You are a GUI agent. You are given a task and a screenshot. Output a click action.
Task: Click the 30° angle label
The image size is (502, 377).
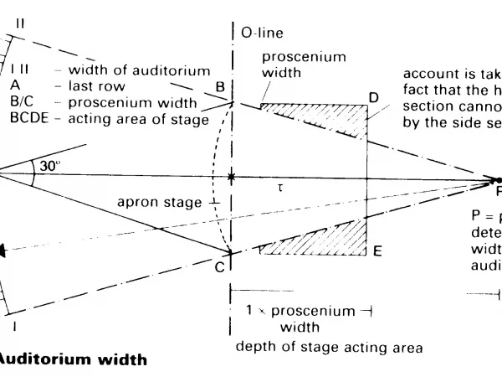click(x=50, y=166)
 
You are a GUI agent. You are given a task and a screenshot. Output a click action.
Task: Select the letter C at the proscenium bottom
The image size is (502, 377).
click(x=219, y=266)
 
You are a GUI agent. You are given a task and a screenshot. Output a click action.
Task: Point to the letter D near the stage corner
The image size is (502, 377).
click(x=374, y=98)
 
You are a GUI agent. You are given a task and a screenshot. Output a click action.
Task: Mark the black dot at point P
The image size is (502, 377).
click(x=499, y=180)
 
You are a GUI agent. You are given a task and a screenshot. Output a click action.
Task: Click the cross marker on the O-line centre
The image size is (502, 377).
click(x=232, y=178)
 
